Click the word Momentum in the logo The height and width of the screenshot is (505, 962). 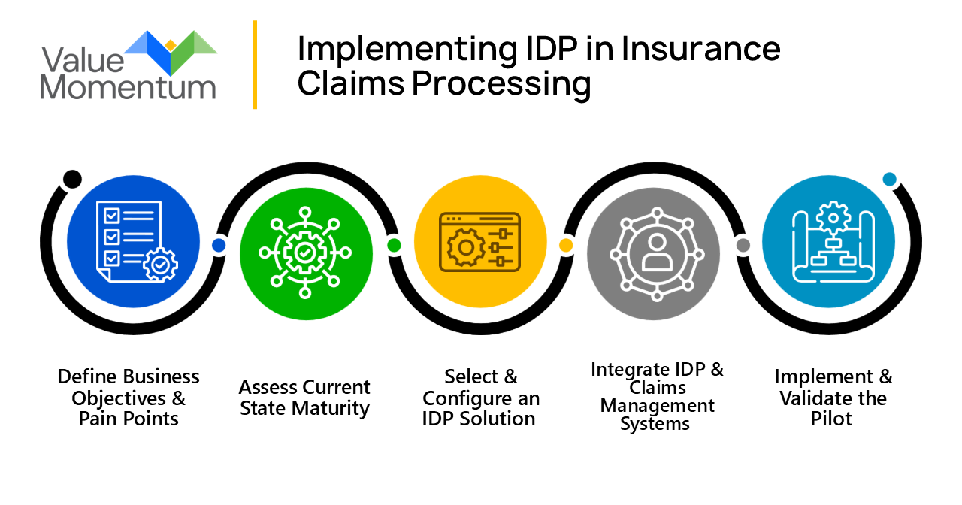[x=128, y=87]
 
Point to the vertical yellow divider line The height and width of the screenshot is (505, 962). [x=255, y=65]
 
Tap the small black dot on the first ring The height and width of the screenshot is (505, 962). [x=72, y=179]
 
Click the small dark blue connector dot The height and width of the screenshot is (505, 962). [x=219, y=245]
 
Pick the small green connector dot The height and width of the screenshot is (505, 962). [x=393, y=245]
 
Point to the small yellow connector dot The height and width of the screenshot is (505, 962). [x=567, y=245]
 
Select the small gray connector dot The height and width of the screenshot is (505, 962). [x=743, y=245]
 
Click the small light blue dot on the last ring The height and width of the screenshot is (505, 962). [x=890, y=180]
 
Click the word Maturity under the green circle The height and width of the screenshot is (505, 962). [x=331, y=409]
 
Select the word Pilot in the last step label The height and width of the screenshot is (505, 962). [x=831, y=419]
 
